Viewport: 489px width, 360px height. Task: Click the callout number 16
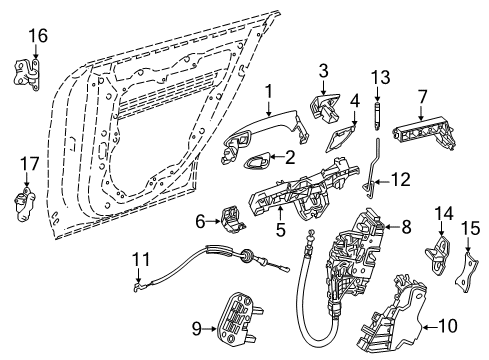38,36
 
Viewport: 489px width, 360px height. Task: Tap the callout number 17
30,164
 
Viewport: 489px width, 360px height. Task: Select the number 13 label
380,78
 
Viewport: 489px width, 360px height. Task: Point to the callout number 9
197,329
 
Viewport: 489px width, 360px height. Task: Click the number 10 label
448,325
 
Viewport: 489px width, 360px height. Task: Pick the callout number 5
281,230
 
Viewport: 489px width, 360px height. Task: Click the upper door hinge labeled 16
27,74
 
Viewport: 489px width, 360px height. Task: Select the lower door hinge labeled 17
24,204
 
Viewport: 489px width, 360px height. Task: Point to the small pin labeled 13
377,116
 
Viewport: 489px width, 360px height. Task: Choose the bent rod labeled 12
372,170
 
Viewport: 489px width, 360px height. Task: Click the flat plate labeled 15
467,272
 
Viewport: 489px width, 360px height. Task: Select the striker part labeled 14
438,255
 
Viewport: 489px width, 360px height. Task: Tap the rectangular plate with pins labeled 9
238,321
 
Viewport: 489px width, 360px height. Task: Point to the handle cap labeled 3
325,107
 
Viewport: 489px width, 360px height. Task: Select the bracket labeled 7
424,132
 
